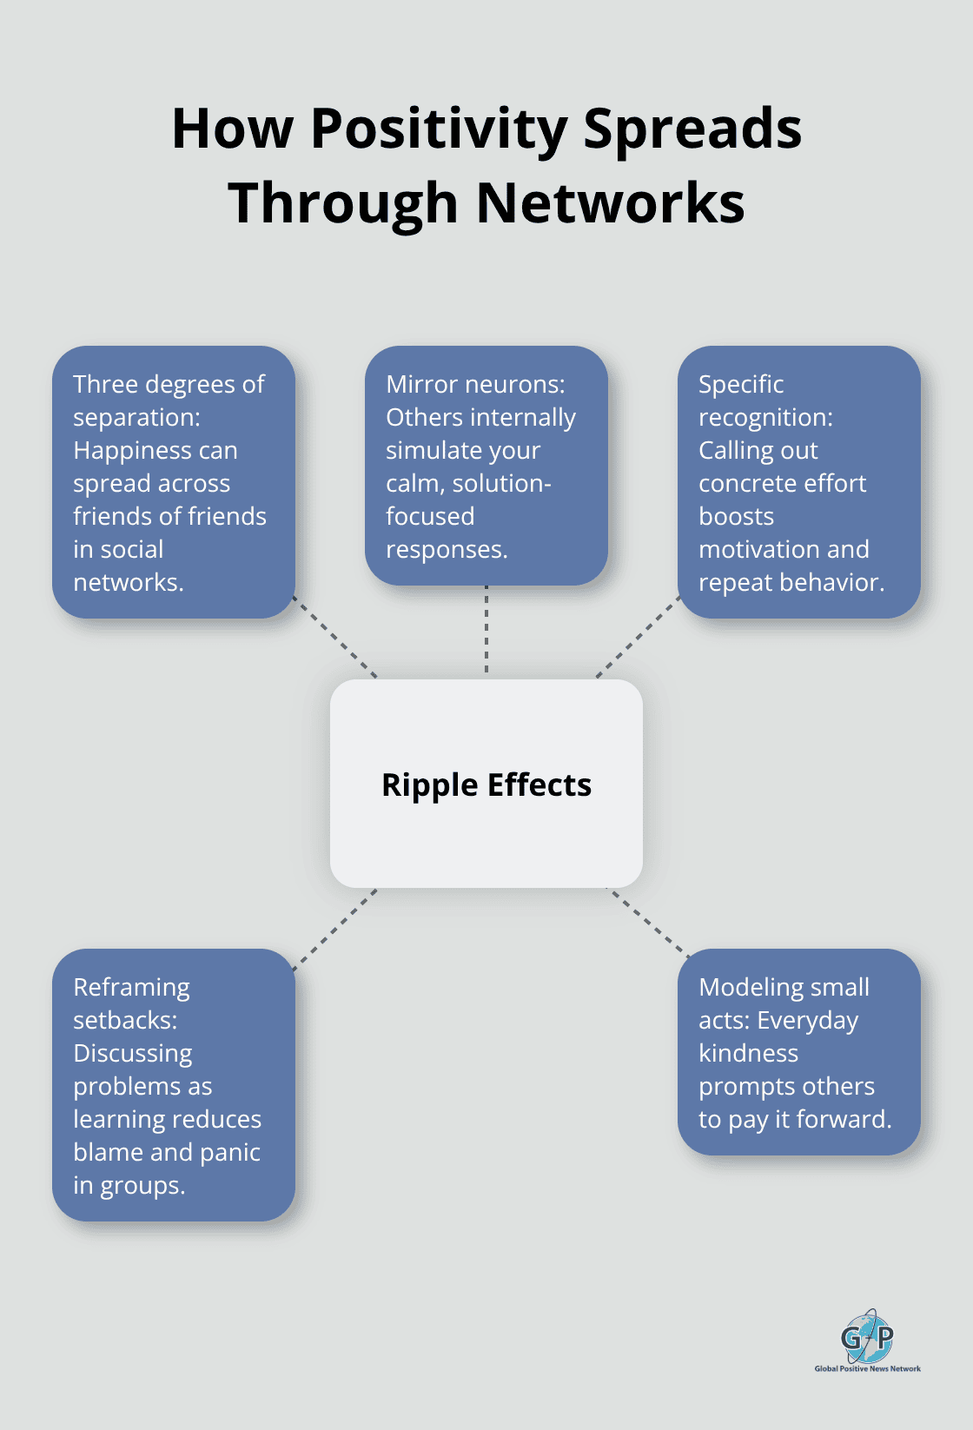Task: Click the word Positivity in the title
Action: pos(439,130)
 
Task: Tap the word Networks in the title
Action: pos(611,203)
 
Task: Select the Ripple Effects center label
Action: pos(486,785)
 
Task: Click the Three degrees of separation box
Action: pos(174,482)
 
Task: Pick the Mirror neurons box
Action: pos(486,466)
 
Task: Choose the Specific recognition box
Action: pos(798,482)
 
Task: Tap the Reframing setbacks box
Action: pos(174,1084)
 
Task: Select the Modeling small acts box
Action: pos(798,1051)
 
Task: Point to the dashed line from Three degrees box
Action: pos(335,637)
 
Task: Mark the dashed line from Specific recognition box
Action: pos(638,637)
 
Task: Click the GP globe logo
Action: pos(866,1336)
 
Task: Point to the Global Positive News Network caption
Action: pos(867,1368)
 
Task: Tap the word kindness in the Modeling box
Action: pos(748,1053)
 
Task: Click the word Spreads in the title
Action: pos(692,130)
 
